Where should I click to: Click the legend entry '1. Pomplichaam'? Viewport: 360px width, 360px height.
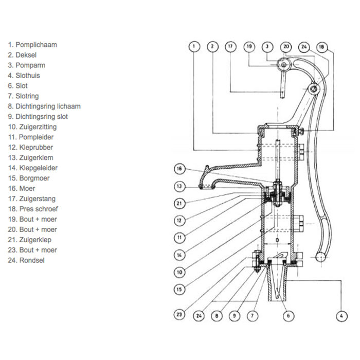pos(32,45)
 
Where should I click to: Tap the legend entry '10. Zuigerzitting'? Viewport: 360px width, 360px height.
pos(32,127)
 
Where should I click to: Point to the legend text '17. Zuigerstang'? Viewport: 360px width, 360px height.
pos(31,199)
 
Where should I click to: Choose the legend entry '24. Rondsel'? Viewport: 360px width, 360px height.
pos(27,260)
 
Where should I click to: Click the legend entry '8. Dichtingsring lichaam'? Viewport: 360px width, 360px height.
pos(44,106)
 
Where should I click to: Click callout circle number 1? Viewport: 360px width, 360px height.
pos(193,46)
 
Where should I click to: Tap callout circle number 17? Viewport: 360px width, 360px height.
pos(230,46)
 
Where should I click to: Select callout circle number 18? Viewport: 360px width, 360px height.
pos(321,46)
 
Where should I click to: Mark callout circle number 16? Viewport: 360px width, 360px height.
pos(179,168)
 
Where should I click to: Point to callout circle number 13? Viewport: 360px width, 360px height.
pos(179,187)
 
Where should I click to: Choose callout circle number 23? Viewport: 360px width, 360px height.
pos(179,314)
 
